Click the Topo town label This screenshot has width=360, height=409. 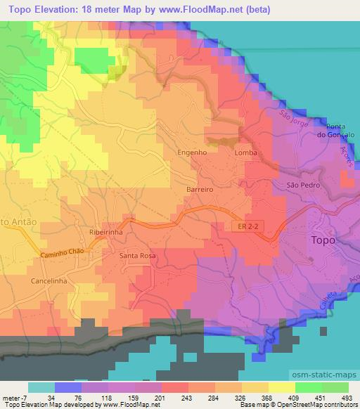323,240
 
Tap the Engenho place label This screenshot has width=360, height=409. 192,152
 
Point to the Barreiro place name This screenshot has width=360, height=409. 199,190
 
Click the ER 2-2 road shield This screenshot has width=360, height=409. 243,226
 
